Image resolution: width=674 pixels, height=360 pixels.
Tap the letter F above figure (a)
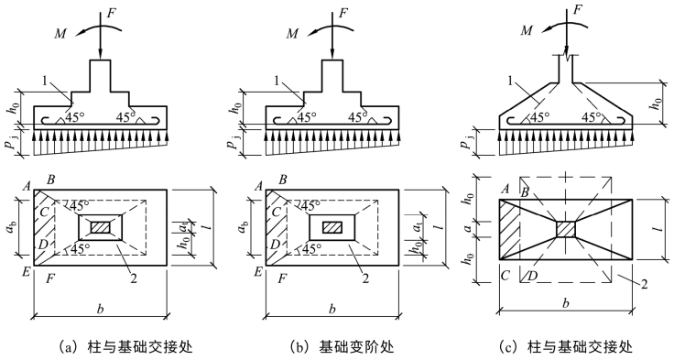pyautogui.click(x=111, y=13)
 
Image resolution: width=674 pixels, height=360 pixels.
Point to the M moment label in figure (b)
pyautogui.click(x=292, y=34)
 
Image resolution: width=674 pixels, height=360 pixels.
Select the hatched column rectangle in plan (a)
pyautogui.click(x=100, y=227)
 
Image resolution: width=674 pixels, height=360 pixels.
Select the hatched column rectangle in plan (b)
pyautogui.click(x=332, y=227)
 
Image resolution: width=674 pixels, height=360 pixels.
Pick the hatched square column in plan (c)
pyautogui.click(x=566, y=229)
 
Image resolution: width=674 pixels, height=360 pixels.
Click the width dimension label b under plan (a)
pyautogui.click(x=100, y=309)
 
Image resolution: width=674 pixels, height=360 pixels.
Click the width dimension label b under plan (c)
pyautogui.click(x=566, y=303)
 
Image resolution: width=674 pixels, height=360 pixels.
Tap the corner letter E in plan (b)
pyautogui.click(x=258, y=273)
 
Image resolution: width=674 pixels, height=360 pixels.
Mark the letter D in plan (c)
pyautogui.click(x=532, y=277)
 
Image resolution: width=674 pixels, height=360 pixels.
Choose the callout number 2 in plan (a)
pyautogui.click(x=134, y=279)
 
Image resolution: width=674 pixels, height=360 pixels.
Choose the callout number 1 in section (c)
pyautogui.click(x=511, y=82)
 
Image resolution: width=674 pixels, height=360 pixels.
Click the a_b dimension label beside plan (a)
pyautogui.click(x=11, y=228)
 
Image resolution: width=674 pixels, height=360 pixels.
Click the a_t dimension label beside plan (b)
pyautogui.click(x=417, y=227)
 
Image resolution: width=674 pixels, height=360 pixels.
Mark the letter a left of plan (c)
pyautogui.click(x=471, y=228)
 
